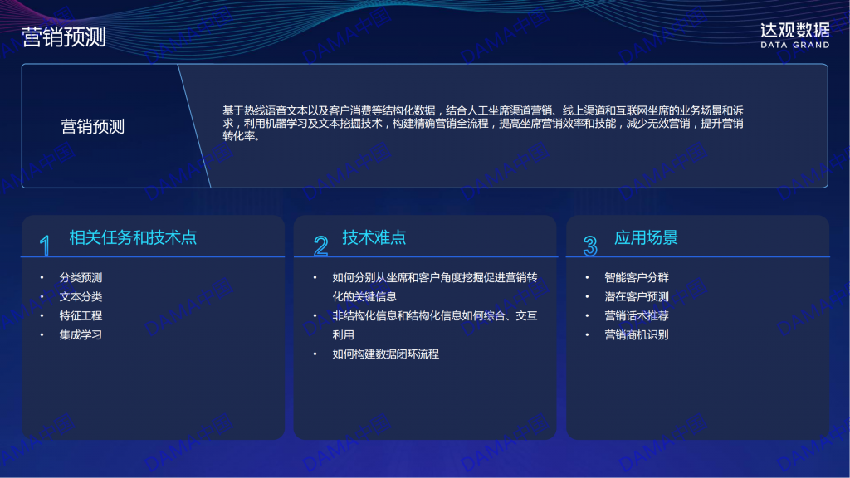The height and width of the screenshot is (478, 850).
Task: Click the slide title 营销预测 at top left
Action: (63, 37)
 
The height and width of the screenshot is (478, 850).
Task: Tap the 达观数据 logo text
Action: (794, 31)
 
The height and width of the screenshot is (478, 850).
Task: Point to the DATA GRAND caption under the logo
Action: (794, 45)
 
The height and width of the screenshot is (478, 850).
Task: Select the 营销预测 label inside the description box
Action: (93, 126)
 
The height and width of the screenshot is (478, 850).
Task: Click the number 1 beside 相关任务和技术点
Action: (45, 245)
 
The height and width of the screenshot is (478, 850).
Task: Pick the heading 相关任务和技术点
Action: (133, 237)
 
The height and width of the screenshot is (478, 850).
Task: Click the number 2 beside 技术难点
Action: (320, 246)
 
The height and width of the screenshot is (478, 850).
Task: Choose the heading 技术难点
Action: (374, 237)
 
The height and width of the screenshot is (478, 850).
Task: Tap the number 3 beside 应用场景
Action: (590, 246)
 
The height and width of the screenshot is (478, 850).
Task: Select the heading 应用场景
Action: (646, 237)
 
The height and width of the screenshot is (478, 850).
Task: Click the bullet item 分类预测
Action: (81, 277)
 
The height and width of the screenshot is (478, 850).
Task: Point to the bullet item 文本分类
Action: (81, 296)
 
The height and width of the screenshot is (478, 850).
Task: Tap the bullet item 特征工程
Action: (81, 315)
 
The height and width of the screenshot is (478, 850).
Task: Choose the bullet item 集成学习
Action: (81, 335)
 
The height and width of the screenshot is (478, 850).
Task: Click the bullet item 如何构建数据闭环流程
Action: (385, 354)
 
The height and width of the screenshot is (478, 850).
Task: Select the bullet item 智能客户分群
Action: (637, 277)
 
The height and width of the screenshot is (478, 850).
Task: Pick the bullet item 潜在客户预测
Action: (637, 296)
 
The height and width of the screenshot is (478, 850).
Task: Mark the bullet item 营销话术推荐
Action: (637, 315)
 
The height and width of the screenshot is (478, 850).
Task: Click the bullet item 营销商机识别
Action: (637, 335)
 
